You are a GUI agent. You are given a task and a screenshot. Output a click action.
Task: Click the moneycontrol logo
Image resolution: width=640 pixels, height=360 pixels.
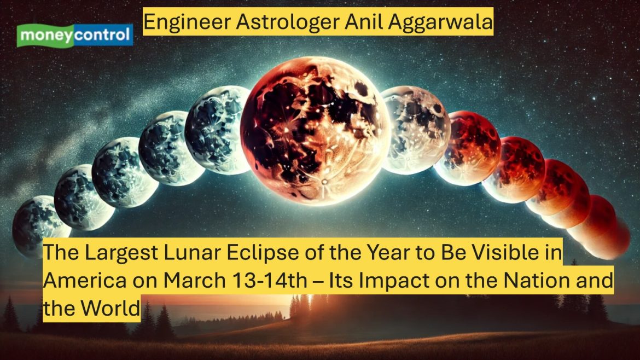(x=75, y=36)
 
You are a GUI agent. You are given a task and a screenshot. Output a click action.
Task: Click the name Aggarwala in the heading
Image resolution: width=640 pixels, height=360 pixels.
(x=440, y=22)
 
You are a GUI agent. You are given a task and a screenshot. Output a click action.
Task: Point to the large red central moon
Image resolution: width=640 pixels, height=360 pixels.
(x=315, y=131)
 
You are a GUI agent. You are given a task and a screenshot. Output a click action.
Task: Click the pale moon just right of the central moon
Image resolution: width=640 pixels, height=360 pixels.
(x=416, y=130)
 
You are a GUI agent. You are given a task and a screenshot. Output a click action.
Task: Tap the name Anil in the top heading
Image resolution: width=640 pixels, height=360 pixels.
(x=364, y=22)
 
